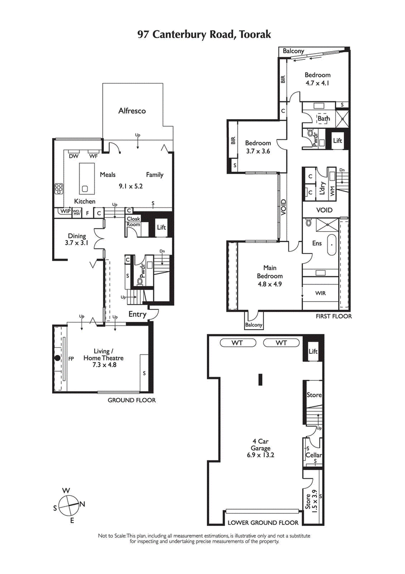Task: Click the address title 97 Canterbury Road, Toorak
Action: (x=205, y=34)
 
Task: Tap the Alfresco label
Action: (x=132, y=111)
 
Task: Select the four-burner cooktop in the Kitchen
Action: (x=59, y=189)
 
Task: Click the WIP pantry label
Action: (x=65, y=211)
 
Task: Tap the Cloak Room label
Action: (x=133, y=221)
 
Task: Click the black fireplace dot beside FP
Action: (x=58, y=358)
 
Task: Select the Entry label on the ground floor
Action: (x=137, y=314)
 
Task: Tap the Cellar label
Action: (x=314, y=455)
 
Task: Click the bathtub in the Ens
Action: (x=332, y=245)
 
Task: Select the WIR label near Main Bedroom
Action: (x=320, y=293)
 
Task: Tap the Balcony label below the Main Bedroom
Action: (x=254, y=325)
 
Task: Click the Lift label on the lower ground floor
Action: (x=313, y=351)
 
